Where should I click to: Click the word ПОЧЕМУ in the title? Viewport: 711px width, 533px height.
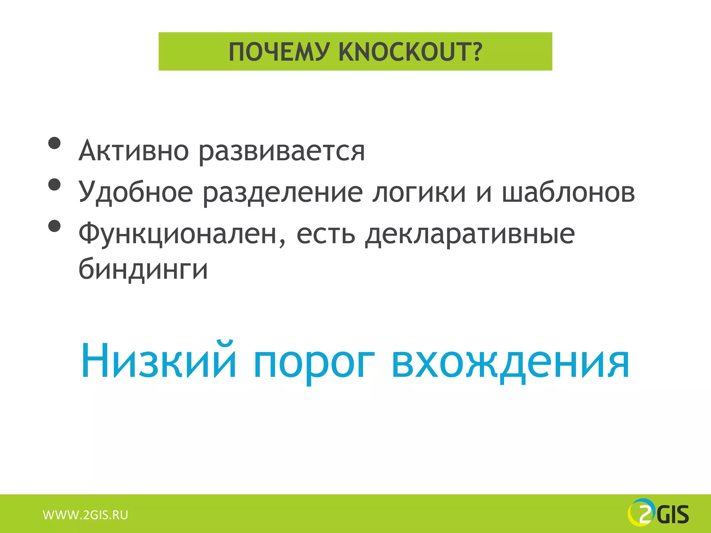(x=278, y=52)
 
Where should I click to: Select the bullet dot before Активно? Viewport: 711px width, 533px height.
(x=55, y=143)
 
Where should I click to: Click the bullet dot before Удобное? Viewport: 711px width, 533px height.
(x=55, y=185)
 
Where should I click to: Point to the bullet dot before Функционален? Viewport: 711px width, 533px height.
(x=55, y=226)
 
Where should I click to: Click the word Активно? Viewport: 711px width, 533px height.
(x=134, y=151)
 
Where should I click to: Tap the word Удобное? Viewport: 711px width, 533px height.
(x=135, y=193)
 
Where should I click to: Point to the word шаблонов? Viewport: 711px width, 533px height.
(x=568, y=192)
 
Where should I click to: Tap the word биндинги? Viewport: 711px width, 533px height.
(x=143, y=269)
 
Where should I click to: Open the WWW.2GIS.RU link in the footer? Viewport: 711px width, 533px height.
(x=85, y=515)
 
